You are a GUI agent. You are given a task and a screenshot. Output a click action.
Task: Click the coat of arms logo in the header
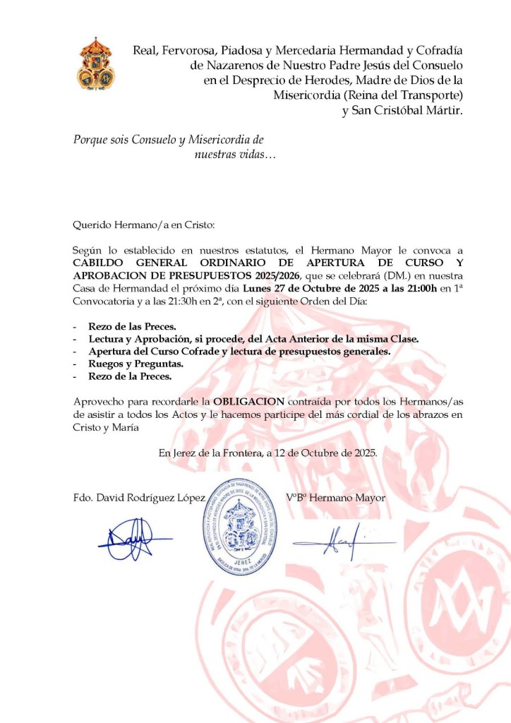point(96,64)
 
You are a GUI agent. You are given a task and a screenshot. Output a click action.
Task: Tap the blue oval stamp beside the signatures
point(242,534)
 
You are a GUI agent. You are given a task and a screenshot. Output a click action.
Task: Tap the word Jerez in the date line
point(187,453)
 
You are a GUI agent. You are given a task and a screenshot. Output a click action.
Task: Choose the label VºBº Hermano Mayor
point(336,497)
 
